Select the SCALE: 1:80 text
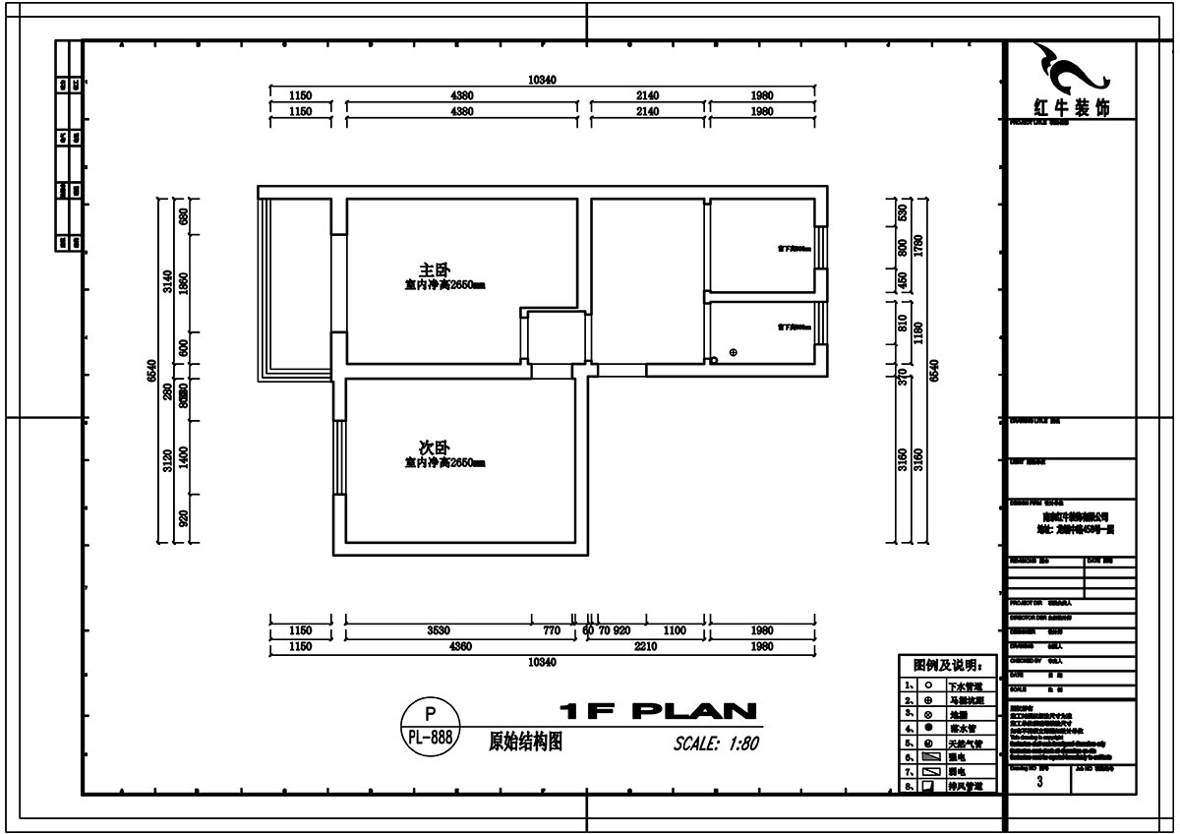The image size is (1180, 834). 716,744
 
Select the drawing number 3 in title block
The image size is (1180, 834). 1039,782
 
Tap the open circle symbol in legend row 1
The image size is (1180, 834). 928,685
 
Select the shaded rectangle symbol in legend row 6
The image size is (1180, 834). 929,757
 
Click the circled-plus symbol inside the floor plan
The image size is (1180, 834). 733,352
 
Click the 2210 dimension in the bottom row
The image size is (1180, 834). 645,647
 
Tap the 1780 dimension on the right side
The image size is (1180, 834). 918,246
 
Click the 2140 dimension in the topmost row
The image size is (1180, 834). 646,95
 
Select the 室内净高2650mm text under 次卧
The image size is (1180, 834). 445,462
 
